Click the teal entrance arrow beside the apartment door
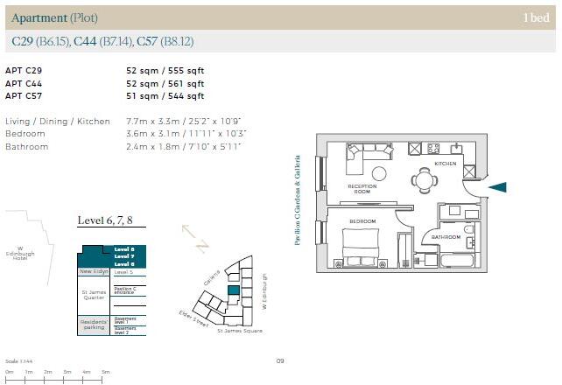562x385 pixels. [x=497, y=186]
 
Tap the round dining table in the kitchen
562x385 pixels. [x=425, y=180]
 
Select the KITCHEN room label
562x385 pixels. [x=446, y=164]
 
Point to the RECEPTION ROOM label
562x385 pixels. [x=362, y=190]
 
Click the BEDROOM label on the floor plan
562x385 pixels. [x=363, y=222]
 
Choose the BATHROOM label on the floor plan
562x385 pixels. [x=446, y=236]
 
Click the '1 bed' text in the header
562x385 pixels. [x=536, y=17]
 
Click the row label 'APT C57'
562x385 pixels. [x=24, y=95]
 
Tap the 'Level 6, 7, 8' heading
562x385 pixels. [x=105, y=220]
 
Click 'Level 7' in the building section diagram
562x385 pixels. [x=123, y=256]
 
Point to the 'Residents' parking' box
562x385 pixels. [x=94, y=325]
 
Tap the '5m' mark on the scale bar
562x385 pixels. [x=105, y=372]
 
